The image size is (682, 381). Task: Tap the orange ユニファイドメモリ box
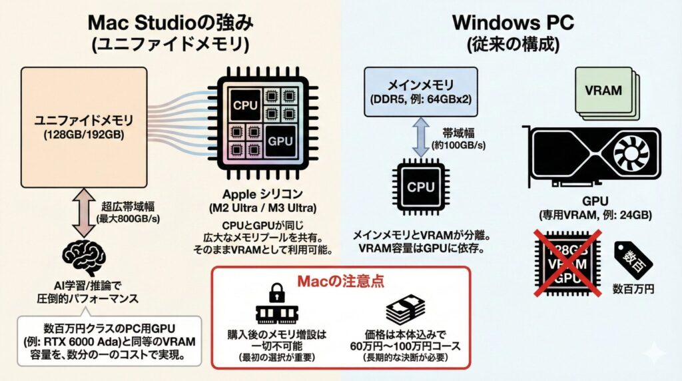click(84, 127)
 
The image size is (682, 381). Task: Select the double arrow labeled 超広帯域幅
click(84, 212)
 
